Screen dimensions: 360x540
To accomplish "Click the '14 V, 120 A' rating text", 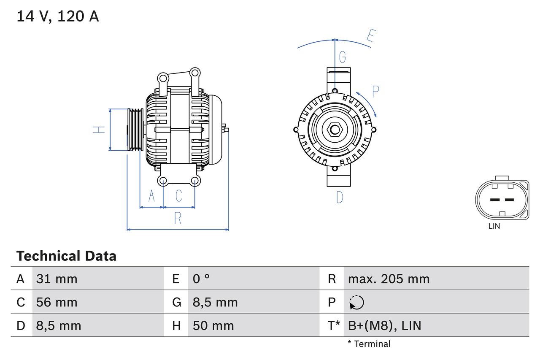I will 58,16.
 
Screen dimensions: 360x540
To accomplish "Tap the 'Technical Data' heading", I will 66,256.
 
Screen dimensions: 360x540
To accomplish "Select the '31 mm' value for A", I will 57,279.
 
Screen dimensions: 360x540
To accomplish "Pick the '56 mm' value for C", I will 57,302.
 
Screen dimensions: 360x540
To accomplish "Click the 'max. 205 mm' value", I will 389,279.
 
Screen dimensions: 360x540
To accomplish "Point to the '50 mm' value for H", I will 213,325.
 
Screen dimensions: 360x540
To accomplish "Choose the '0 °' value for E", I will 201,279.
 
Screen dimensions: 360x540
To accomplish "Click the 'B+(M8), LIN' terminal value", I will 384,325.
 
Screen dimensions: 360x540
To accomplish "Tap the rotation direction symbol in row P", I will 356,302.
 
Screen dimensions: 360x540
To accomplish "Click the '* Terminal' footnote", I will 369,344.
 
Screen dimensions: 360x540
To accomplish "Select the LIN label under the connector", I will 494,226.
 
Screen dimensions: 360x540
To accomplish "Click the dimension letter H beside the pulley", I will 99,130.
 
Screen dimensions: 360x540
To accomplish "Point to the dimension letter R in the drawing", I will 178,219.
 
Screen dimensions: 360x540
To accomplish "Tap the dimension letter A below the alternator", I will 152,196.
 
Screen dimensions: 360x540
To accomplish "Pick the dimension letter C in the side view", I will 179,196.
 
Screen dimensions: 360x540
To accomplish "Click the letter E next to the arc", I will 370,37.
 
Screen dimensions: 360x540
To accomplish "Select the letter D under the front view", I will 340,197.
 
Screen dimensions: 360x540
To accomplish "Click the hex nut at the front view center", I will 335,130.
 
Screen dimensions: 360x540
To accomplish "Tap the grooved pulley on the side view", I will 135,130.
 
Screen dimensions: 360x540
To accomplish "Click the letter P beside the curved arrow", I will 375,91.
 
